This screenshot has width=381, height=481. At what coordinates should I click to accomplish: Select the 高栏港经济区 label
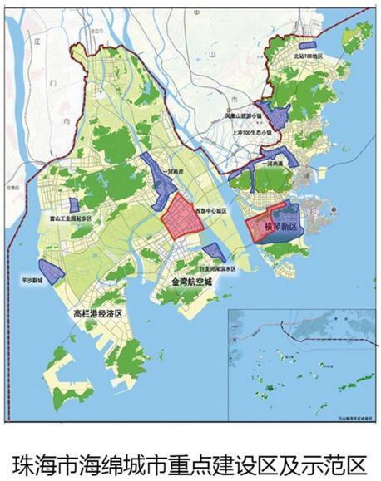pos(97,314)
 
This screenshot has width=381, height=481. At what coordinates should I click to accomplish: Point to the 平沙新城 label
pos(32,282)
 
